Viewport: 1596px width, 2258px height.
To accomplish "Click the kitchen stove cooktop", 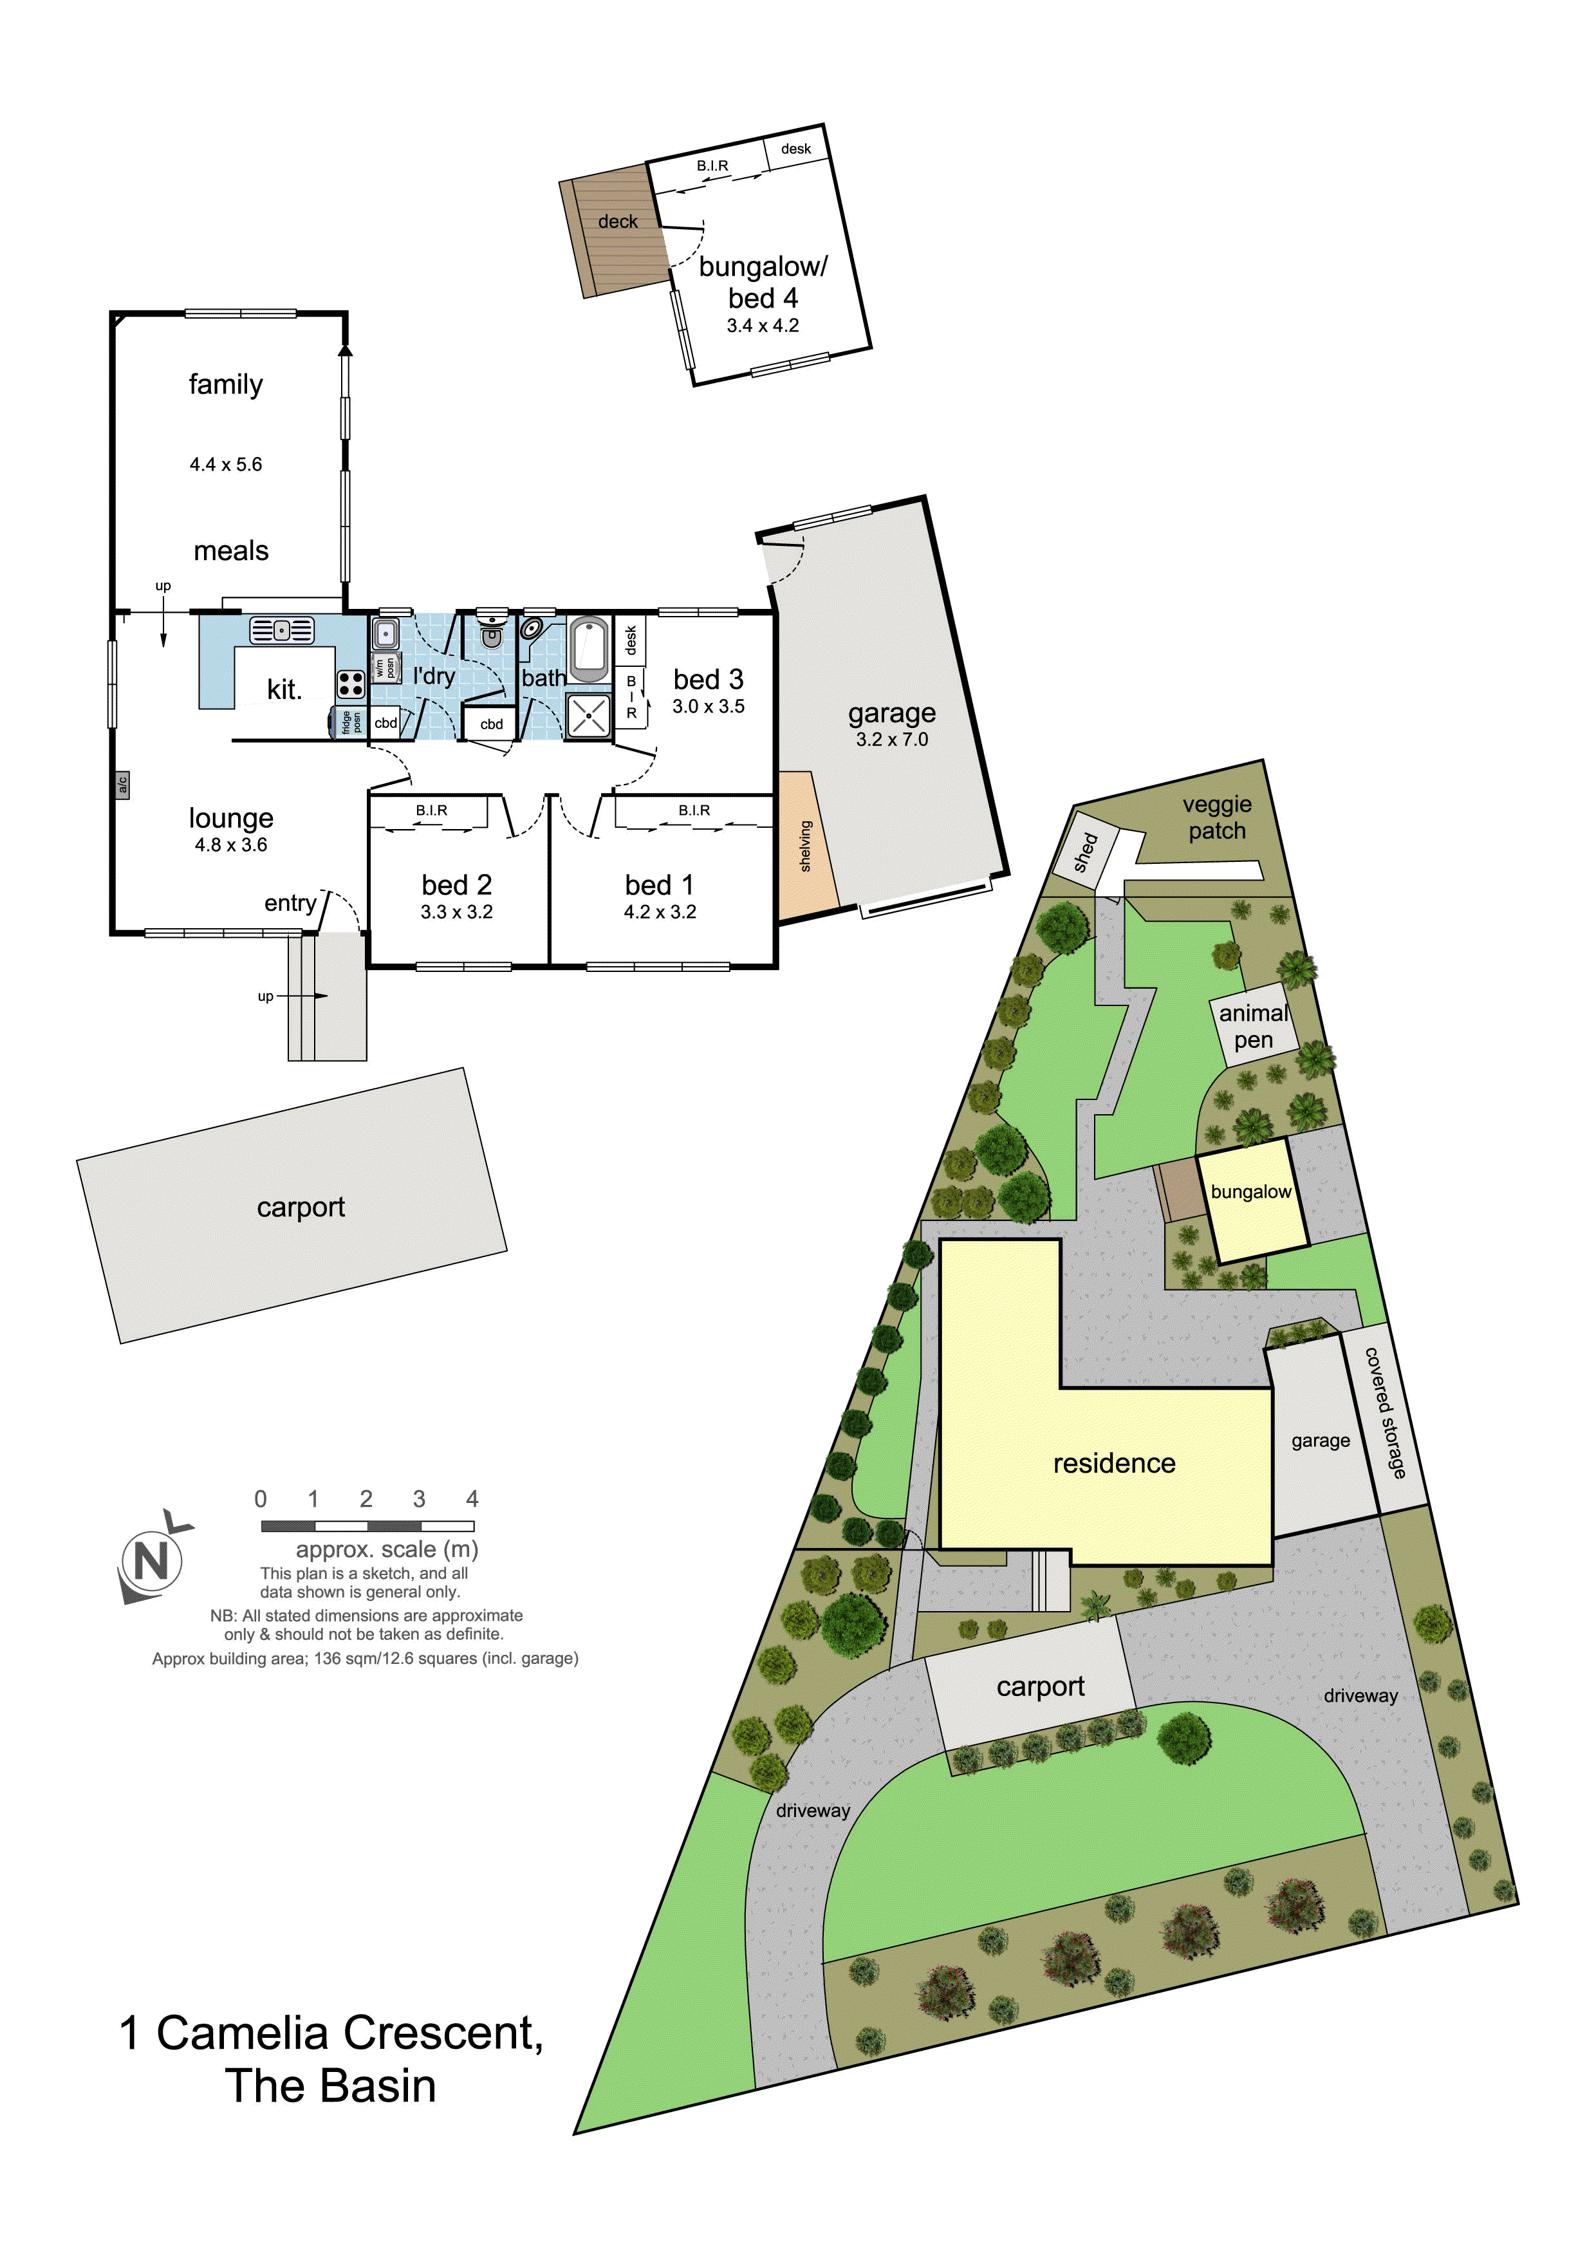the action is [350, 684].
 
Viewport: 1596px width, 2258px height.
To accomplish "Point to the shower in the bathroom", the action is [589, 715].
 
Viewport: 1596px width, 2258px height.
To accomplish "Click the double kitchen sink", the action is [281, 630].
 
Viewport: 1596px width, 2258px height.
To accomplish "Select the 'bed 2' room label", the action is [458, 884].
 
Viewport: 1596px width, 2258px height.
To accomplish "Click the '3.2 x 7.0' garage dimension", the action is [892, 740].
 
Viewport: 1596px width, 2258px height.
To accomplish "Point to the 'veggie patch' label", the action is [1218, 817].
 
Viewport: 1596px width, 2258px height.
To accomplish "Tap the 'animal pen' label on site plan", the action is [1254, 1026].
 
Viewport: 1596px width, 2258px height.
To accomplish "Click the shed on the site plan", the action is [1086, 852].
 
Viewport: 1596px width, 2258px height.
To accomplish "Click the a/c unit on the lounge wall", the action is [122, 785].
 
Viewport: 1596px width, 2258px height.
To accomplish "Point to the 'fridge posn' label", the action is [351, 723].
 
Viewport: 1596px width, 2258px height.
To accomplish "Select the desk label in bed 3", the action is [630, 640].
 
